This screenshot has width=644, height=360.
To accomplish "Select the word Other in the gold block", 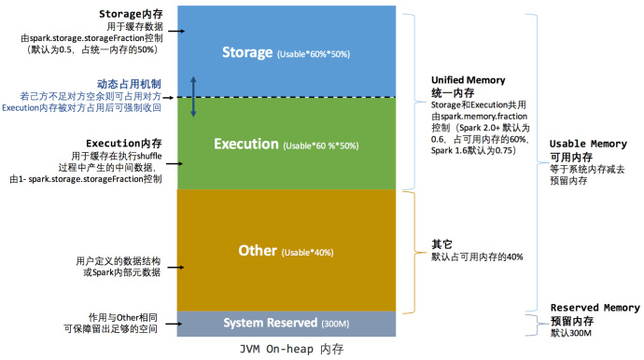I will pyautogui.click(x=257, y=251).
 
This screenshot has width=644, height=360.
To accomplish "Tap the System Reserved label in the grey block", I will pyautogui.click(x=270, y=323).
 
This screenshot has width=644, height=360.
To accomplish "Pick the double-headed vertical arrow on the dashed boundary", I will pyautogui.click(x=193, y=96).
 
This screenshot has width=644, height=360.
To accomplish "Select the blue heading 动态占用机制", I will pyautogui.click(x=133, y=84).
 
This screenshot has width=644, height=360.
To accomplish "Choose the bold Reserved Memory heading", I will pyautogui.click(x=595, y=308).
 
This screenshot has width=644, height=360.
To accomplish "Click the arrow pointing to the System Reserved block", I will pyautogui.click(x=174, y=323).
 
